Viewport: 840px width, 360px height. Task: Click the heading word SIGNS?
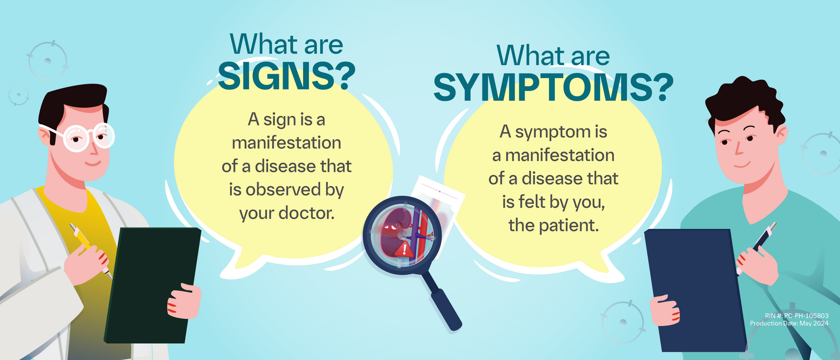tap(287, 77)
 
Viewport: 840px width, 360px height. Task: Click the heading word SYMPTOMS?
tap(553, 87)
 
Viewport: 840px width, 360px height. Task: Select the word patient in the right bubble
tap(569, 225)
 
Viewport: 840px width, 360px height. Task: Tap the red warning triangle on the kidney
tap(404, 249)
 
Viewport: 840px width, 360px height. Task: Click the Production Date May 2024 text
tap(789, 323)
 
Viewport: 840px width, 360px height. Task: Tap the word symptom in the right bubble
tap(553, 132)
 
